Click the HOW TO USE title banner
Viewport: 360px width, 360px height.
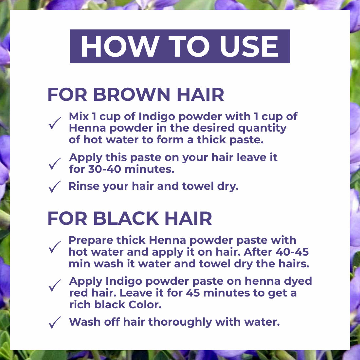click(x=180, y=46)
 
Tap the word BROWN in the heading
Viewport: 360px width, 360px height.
click(x=132, y=94)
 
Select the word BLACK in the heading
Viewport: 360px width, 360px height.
click(x=126, y=218)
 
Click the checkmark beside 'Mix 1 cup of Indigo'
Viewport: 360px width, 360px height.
click(x=55, y=123)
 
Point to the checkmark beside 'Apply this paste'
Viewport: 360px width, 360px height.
click(x=55, y=164)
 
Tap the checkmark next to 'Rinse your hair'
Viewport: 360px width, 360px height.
click(x=55, y=187)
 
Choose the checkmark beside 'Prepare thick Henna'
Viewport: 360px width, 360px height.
click(x=55, y=247)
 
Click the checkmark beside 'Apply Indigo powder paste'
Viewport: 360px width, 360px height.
click(x=55, y=286)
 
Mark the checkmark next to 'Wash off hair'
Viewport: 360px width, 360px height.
click(x=55, y=322)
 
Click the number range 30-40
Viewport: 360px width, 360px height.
click(x=104, y=169)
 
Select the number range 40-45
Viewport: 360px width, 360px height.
click(x=292, y=252)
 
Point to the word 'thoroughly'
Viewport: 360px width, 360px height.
click(x=180, y=322)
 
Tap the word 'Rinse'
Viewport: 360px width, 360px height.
click(x=84, y=186)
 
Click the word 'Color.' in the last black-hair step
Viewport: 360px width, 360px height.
click(x=145, y=305)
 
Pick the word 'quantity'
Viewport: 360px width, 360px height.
click(x=262, y=129)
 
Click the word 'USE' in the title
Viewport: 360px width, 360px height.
click(x=249, y=46)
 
